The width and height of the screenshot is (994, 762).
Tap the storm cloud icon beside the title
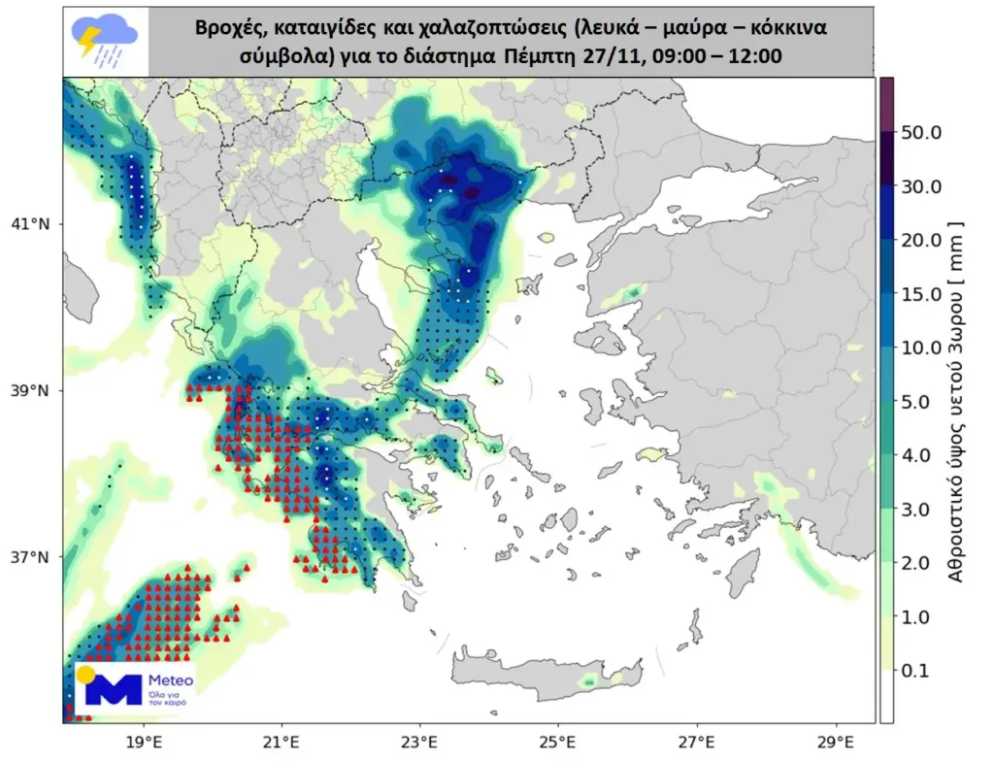[105, 42]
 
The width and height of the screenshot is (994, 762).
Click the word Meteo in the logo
[172, 680]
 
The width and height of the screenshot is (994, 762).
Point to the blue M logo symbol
[114, 687]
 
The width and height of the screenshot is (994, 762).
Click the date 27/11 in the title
[611, 56]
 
